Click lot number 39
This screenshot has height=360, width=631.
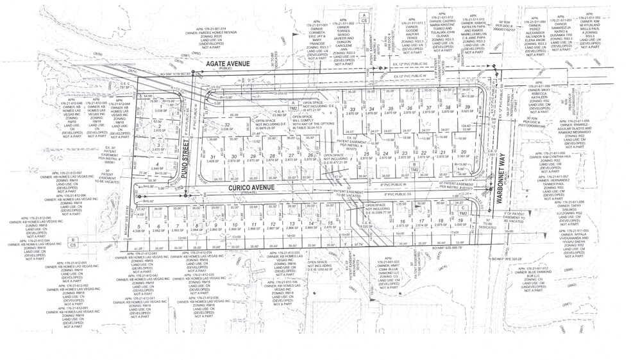tap(469, 107)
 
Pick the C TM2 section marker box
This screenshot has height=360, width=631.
tap(463, 210)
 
